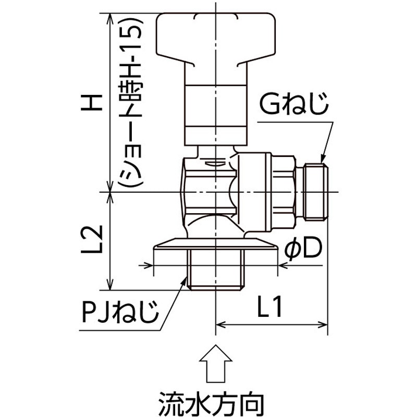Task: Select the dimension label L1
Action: tap(269, 309)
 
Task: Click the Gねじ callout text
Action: tap(295, 107)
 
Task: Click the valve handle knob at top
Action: tap(215, 36)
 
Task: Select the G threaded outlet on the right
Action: tap(316, 192)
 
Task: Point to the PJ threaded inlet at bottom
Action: tap(215, 271)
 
